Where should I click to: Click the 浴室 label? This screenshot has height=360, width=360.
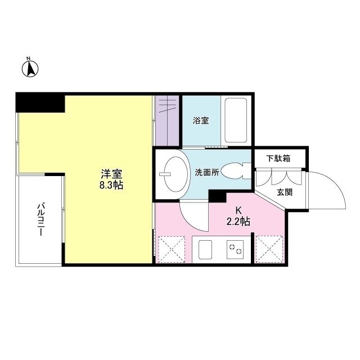[x=201, y=120]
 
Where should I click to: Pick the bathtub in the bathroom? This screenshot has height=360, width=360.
[x=236, y=121]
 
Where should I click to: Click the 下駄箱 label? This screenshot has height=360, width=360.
[x=278, y=159]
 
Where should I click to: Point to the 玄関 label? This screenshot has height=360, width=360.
[x=284, y=192]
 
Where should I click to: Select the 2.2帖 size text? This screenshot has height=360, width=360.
[x=238, y=222]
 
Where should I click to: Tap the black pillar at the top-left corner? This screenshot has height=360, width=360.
[x=39, y=102]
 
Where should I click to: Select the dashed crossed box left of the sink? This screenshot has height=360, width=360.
[x=172, y=249]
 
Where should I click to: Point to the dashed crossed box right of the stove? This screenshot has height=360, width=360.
[x=269, y=249]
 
